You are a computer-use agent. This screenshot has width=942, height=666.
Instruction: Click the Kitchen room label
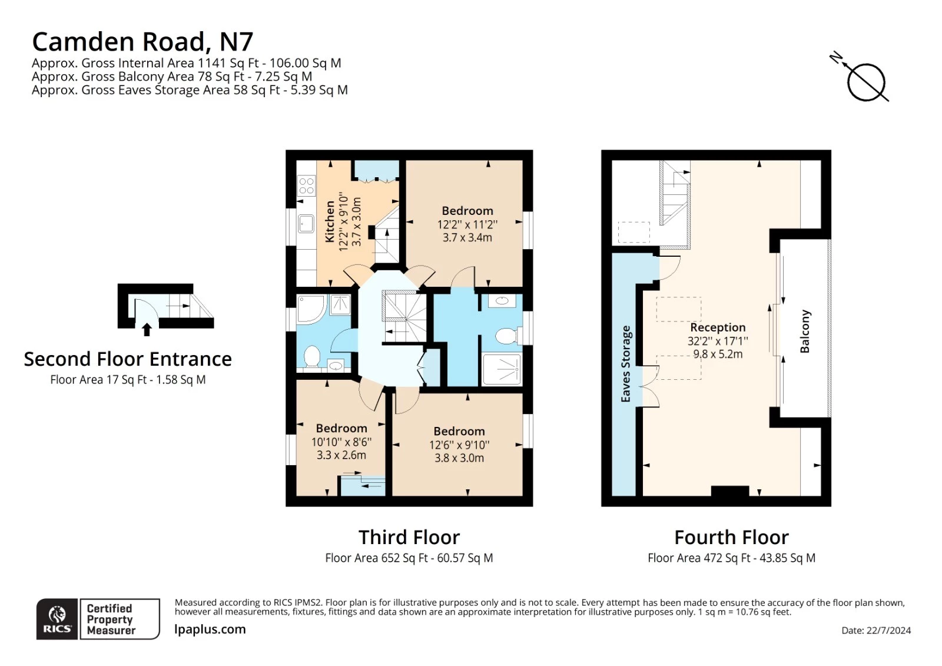pos(330,221)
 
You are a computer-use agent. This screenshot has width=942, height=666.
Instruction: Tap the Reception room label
pos(718,327)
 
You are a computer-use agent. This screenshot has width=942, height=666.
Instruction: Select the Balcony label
pos(804,332)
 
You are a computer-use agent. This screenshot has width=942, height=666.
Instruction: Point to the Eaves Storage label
pos(626,363)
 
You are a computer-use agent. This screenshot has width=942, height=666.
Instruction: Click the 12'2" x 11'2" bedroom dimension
pos(467,224)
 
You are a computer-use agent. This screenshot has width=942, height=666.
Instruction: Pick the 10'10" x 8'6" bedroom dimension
pos(341,442)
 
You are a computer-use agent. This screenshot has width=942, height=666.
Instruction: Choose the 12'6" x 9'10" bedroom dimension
pos(459,445)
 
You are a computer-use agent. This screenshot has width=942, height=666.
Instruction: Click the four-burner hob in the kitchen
pos(307,186)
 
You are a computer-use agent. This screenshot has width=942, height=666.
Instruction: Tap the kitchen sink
pos(306,224)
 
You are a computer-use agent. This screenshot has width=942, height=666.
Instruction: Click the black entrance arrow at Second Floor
pos(147,329)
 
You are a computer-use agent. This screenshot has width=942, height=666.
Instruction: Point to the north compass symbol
pos(861,79)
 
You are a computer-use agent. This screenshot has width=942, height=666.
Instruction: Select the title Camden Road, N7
pos(142,42)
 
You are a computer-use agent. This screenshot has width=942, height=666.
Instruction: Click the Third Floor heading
pos(409,537)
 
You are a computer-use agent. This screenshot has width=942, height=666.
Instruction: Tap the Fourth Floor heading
pos(731,537)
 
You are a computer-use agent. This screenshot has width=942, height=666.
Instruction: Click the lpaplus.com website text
pos(210,629)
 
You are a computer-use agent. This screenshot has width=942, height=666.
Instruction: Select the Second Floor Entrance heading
pos(128,359)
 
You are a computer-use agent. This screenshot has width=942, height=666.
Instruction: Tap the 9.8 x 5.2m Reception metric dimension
pos(718,354)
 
